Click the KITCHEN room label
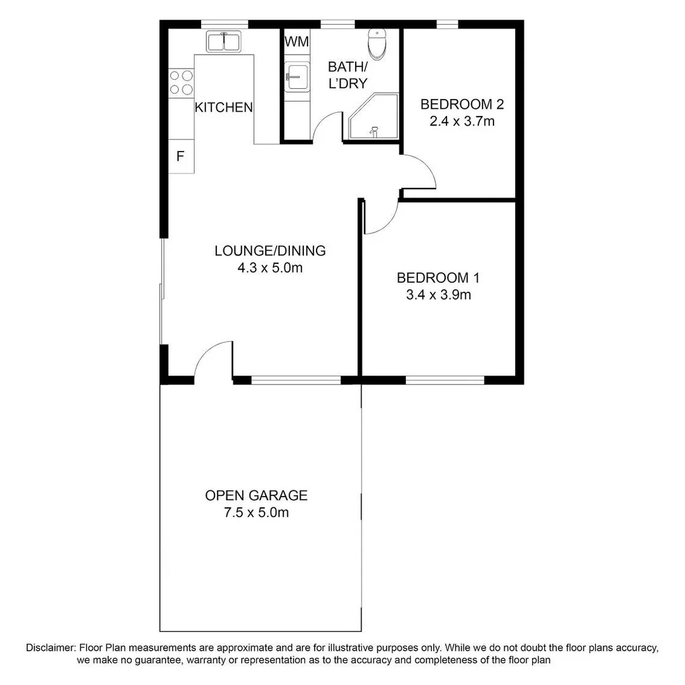click(x=223, y=107)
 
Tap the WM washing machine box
click(x=296, y=42)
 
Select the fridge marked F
click(x=180, y=156)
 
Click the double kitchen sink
click(x=223, y=42)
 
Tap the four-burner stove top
click(x=181, y=82)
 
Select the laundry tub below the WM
click(x=296, y=77)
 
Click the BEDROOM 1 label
click(x=438, y=278)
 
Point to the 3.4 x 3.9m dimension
click(x=438, y=294)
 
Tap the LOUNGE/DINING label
click(x=270, y=251)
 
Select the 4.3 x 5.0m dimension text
click(x=270, y=268)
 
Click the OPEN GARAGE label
click(x=256, y=495)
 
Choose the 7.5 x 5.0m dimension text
click(x=256, y=512)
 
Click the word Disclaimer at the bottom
click(x=51, y=648)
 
